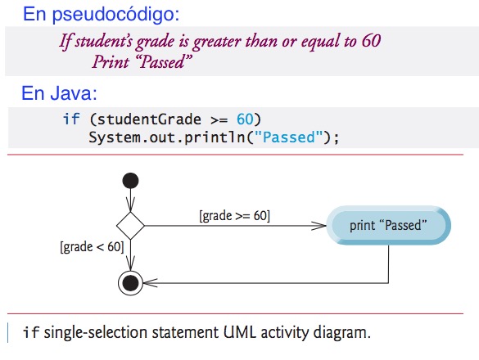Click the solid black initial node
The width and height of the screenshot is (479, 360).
129,180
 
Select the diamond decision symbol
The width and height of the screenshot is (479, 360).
129,223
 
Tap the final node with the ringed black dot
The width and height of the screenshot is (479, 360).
129,283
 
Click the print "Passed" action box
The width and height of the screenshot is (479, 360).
388,224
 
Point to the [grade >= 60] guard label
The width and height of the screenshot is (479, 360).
235,216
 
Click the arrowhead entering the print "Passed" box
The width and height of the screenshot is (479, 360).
321,224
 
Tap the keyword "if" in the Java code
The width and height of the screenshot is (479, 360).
71,119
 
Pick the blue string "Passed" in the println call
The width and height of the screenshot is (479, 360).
285,137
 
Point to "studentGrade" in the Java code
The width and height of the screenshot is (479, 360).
147,119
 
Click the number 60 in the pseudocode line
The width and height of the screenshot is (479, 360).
370,41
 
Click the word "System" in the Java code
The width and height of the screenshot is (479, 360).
112,137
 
